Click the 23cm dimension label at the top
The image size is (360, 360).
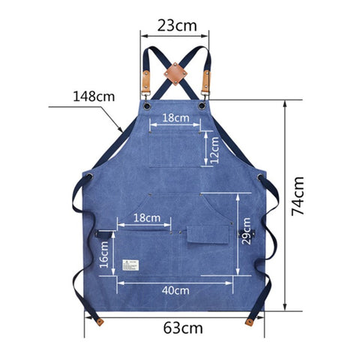pos(177,25)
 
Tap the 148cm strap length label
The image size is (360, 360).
pos(94,97)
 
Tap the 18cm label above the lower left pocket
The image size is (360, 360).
pos(147,217)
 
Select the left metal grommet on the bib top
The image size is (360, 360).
pos(149,110)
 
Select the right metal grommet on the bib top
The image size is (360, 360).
pos(204,110)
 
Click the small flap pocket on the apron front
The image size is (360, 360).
pos(200,234)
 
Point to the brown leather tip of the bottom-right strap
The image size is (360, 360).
pos(249,321)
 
